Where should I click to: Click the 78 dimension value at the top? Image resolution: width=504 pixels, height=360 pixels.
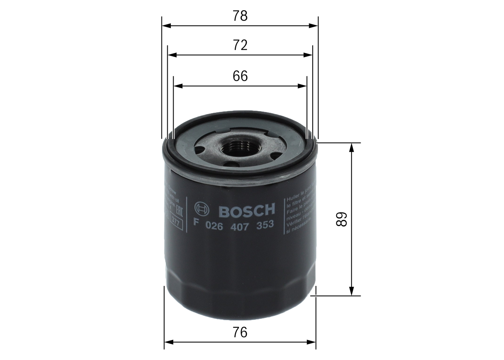click(x=240, y=16)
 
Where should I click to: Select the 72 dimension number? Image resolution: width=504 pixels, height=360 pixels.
click(x=240, y=46)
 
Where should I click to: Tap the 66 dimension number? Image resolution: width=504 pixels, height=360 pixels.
click(x=240, y=76)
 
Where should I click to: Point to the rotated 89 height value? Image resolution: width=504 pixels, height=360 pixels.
click(x=342, y=219)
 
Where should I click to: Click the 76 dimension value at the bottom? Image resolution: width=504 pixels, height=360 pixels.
click(x=240, y=332)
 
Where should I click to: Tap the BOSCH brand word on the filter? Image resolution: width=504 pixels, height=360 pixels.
click(x=246, y=211)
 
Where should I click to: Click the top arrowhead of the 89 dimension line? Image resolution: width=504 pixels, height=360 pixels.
click(x=352, y=147)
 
